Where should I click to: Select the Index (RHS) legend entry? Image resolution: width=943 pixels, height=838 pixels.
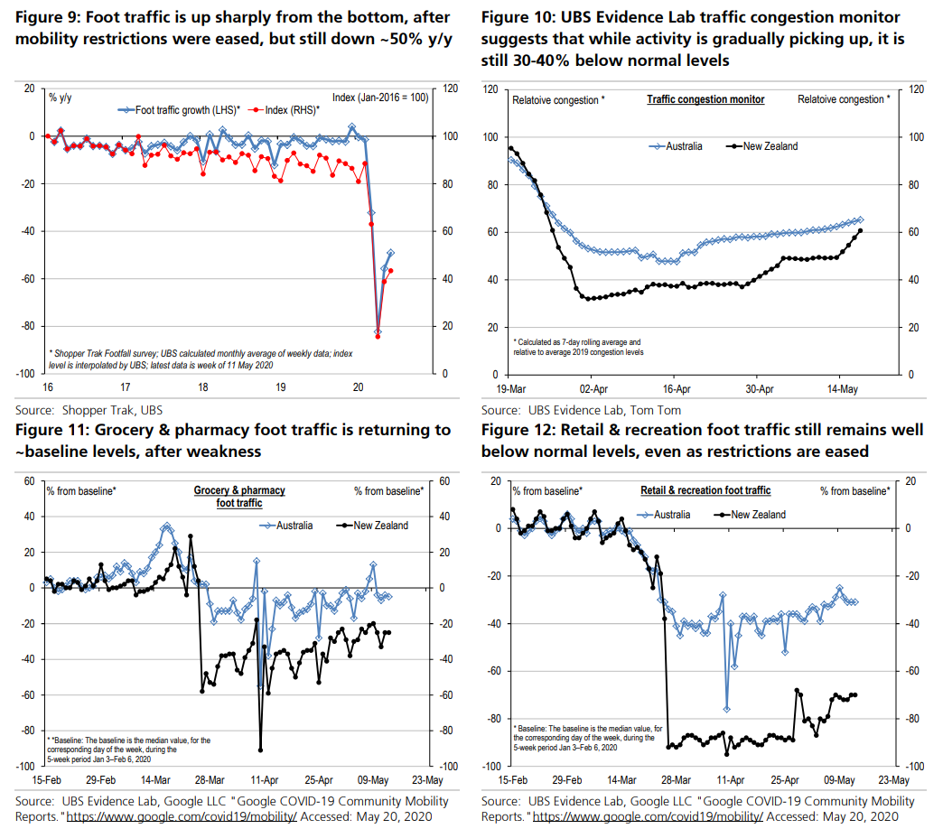pyautogui.click(x=286, y=109)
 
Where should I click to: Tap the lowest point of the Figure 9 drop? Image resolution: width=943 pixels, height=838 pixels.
pyautogui.click(x=378, y=333)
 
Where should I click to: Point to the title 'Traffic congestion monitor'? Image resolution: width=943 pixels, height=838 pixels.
pyautogui.click(x=705, y=99)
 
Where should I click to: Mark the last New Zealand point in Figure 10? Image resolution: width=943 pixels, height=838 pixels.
pyautogui.click(x=860, y=230)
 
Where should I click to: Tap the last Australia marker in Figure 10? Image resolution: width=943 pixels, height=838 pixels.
pyautogui.click(x=860, y=219)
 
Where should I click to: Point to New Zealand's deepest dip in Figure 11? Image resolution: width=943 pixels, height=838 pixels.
pyautogui.click(x=261, y=750)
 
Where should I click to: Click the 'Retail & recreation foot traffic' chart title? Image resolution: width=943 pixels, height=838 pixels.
pyautogui.click(x=705, y=490)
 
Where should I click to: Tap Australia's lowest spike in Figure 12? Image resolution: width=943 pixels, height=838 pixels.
pyautogui.click(x=726, y=708)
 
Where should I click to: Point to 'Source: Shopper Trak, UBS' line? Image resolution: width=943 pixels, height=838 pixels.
pyautogui.click(x=89, y=409)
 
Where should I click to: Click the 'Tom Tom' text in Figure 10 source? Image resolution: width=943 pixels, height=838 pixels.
pyautogui.click(x=660, y=409)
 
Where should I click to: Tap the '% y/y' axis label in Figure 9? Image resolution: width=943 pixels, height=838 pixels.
pyautogui.click(x=60, y=97)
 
